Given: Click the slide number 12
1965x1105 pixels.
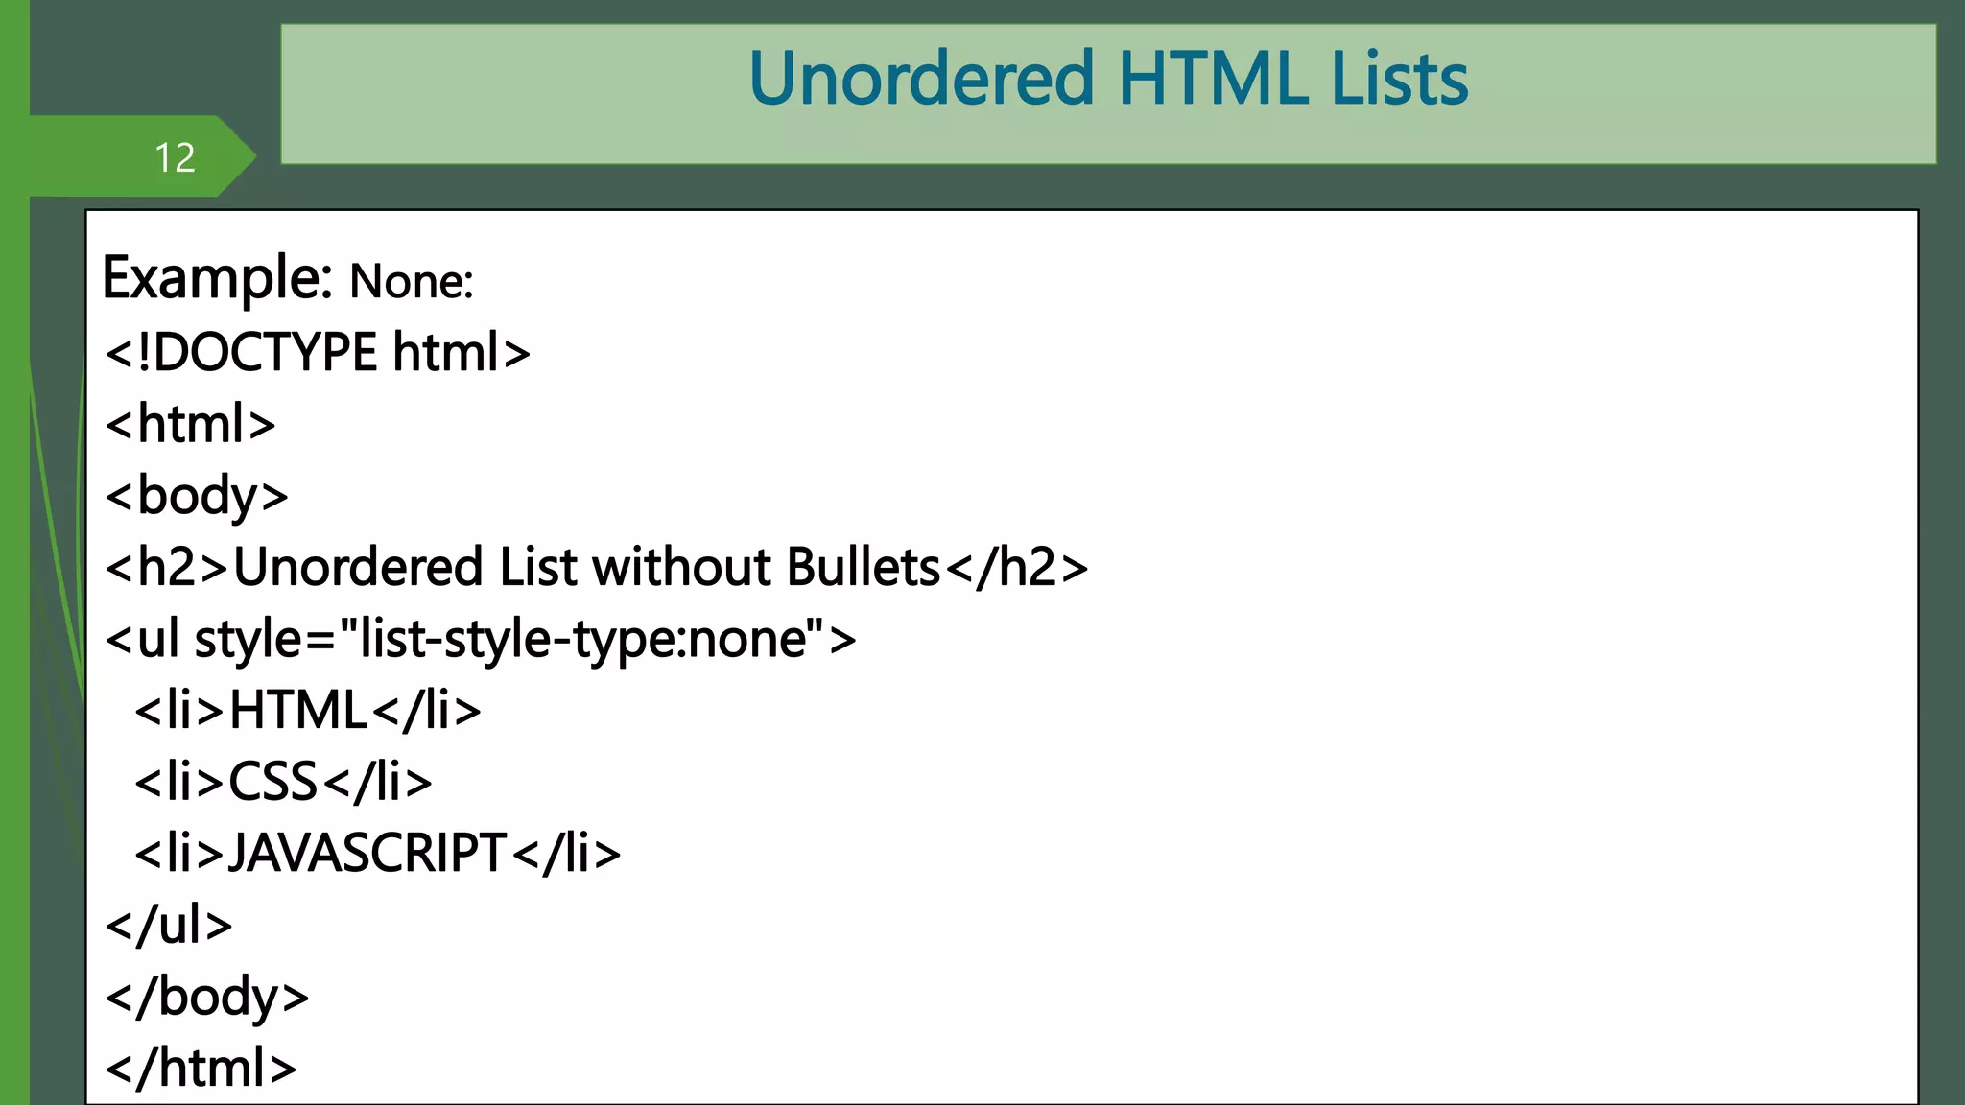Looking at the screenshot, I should coord(175,157).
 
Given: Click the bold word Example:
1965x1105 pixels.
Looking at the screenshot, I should coord(217,278).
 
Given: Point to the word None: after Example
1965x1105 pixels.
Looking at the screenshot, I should coord(411,282).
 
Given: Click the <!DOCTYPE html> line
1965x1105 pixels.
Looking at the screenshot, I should coord(318,352).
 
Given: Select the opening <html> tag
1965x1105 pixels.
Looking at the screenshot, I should coord(191,424).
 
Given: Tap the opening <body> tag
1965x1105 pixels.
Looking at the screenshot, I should coord(197,496).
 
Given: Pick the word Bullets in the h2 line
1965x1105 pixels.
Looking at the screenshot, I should coord(863,567).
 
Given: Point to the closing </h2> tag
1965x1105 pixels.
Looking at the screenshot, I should coord(1017,567).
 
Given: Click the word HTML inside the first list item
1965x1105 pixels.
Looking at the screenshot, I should coord(298,711).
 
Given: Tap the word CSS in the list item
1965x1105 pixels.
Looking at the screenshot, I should coord(272,782).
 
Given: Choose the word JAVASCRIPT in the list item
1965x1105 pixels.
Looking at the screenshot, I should coord(367,853).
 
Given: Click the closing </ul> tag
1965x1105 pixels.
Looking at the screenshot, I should coord(169,925).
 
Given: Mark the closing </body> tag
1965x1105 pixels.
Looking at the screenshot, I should coord(207,997).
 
